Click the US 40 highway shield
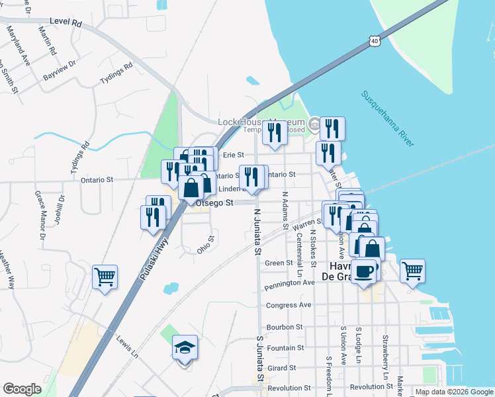click(375, 41)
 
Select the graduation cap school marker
click(185, 347)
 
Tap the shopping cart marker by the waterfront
click(412, 270)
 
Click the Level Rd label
click(67, 23)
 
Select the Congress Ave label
click(289, 305)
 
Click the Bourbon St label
click(285, 327)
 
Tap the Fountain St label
click(286, 347)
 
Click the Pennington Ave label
click(289, 283)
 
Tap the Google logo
click(22, 389)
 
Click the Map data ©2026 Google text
click(454, 392)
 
